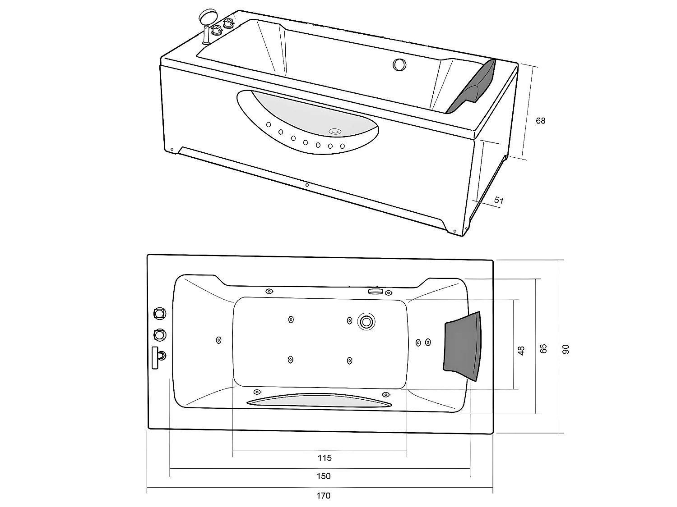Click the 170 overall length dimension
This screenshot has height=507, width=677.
tap(323, 496)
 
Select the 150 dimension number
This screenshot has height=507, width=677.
tap(324, 476)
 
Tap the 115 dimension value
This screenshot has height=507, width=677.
tap(325, 458)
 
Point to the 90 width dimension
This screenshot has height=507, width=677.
tap(566, 349)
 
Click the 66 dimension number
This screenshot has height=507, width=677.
tap(543, 348)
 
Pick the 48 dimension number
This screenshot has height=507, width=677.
tap(521, 351)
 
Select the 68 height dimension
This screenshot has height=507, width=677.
tap(540, 121)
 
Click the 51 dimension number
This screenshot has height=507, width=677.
tap(498, 200)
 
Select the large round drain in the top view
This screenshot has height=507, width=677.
tap(366, 322)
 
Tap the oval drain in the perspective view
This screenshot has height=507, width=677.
tap(334, 132)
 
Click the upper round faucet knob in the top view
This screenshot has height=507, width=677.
tap(159, 312)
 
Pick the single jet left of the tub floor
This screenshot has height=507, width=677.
tap(219, 340)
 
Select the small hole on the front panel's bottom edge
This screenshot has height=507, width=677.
tap(307, 184)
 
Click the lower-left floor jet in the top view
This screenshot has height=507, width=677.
tap(290, 360)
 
